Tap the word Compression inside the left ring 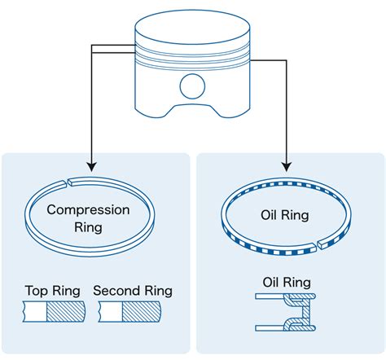[x=88, y=209]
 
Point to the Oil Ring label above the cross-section [x=287, y=283]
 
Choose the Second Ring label [x=133, y=291]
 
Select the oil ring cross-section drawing [x=287, y=314]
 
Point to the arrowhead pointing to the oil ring [x=287, y=169]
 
